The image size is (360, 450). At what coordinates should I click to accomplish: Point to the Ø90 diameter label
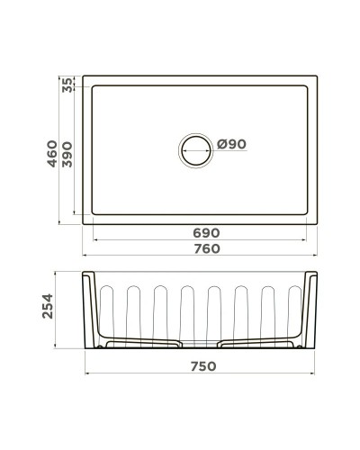(x=231, y=144)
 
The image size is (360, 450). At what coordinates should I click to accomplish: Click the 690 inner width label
(x=205, y=232)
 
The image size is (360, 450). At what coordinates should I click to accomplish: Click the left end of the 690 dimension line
(x=93, y=241)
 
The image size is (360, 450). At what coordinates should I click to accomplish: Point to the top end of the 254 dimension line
(x=61, y=270)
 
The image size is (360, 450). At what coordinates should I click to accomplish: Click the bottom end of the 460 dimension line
(x=61, y=224)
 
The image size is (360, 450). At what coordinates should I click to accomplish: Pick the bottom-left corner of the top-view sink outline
(x=83, y=224)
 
